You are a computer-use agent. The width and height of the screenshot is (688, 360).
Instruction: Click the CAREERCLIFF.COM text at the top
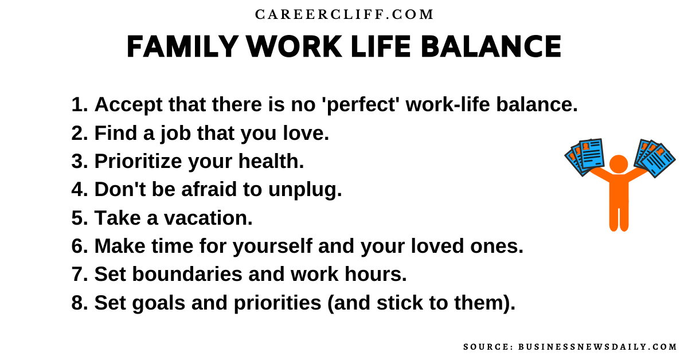click(x=344, y=15)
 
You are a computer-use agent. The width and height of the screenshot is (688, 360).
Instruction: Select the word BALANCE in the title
click(x=491, y=46)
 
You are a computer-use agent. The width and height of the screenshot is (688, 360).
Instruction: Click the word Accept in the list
click(x=128, y=105)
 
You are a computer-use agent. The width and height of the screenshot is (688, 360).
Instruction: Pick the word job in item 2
click(x=175, y=134)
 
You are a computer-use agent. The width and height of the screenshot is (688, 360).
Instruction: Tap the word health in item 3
click(x=271, y=161)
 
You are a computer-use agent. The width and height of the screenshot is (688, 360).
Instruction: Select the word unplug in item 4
click(x=305, y=190)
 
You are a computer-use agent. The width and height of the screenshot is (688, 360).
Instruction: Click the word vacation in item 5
click(x=208, y=218)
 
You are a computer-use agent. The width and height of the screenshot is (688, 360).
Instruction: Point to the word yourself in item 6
click(x=272, y=246)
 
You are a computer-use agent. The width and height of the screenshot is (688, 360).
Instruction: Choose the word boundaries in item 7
click(x=187, y=274)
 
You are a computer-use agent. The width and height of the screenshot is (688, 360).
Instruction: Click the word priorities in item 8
click(x=277, y=303)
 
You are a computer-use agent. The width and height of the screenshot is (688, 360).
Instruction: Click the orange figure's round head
click(x=619, y=164)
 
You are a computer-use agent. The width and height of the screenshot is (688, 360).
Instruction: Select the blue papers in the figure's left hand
click(x=584, y=157)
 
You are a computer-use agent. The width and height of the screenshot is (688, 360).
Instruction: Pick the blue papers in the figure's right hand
click(x=655, y=158)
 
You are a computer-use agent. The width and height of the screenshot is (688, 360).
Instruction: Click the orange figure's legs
click(x=619, y=215)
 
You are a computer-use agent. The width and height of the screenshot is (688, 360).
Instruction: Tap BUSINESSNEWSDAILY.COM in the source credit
click(x=597, y=347)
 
